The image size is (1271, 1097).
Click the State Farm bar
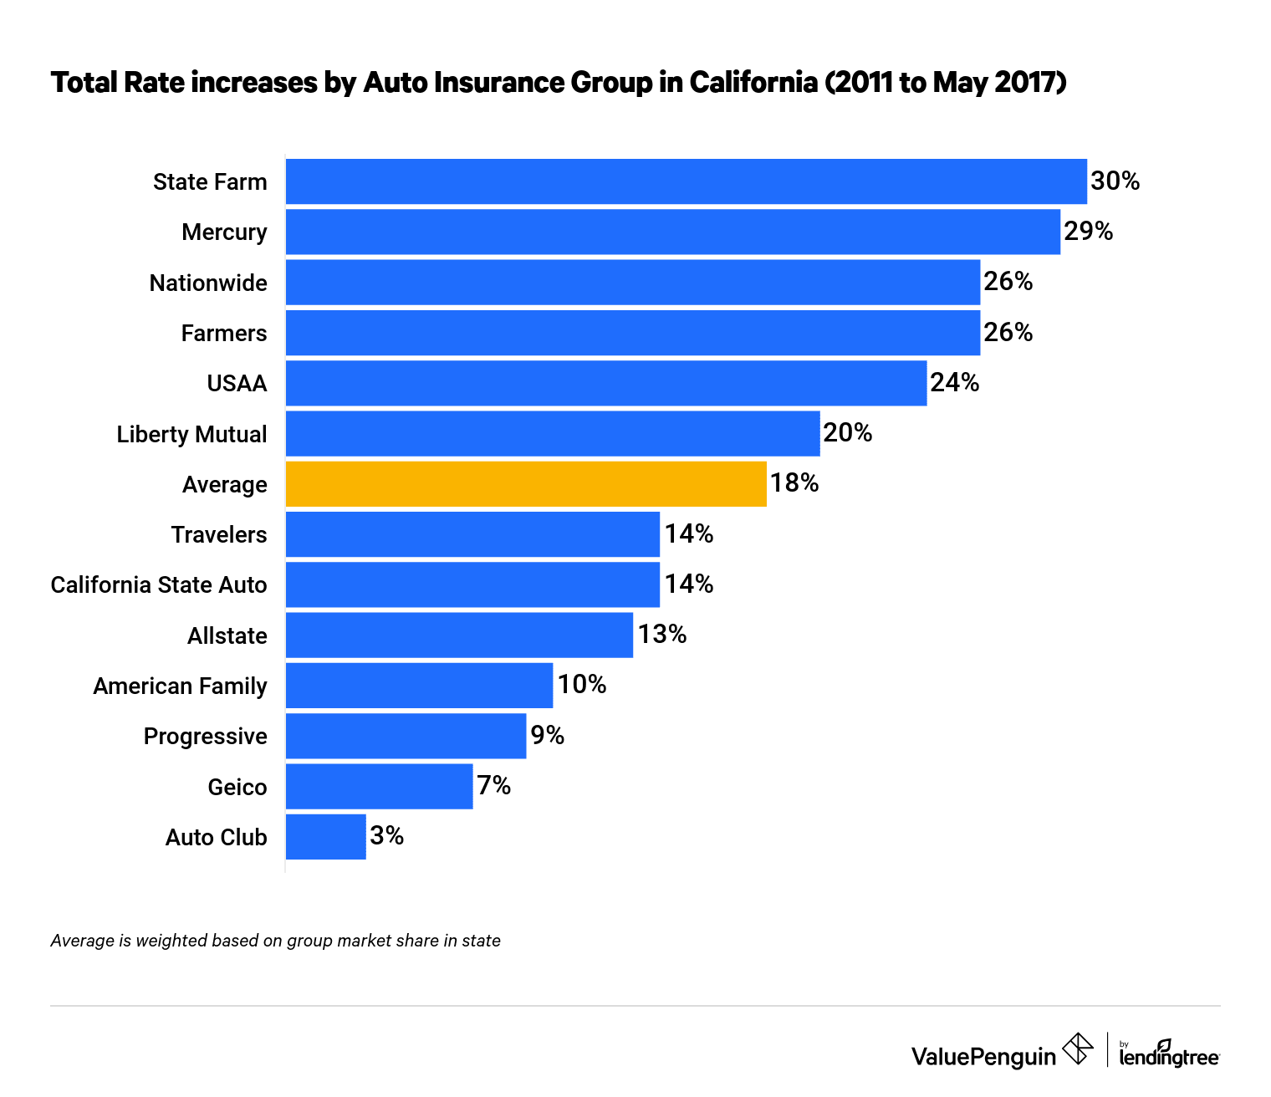[x=686, y=181]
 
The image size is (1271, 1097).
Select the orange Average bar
[x=526, y=483]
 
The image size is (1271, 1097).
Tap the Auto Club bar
[x=325, y=836]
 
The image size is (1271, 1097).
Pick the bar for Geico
[x=379, y=786]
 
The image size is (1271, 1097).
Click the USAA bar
[x=606, y=383]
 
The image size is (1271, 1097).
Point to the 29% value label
[x=1088, y=232]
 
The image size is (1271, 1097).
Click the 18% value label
[x=794, y=483]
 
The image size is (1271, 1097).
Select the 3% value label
[x=386, y=836]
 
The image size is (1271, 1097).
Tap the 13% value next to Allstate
[x=661, y=635]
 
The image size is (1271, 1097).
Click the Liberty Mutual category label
[x=191, y=434]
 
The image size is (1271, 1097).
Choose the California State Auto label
[x=159, y=584]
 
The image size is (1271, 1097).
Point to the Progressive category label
[x=205, y=736]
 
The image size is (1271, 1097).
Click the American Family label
[x=180, y=686]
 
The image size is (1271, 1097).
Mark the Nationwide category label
[x=208, y=283]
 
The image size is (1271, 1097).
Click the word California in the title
[x=753, y=83]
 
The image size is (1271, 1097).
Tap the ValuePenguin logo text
[x=983, y=1056]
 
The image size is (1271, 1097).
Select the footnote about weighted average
[x=275, y=941]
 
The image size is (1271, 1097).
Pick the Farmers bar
[x=632, y=333]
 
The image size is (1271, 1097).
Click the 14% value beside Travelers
[x=688, y=533]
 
